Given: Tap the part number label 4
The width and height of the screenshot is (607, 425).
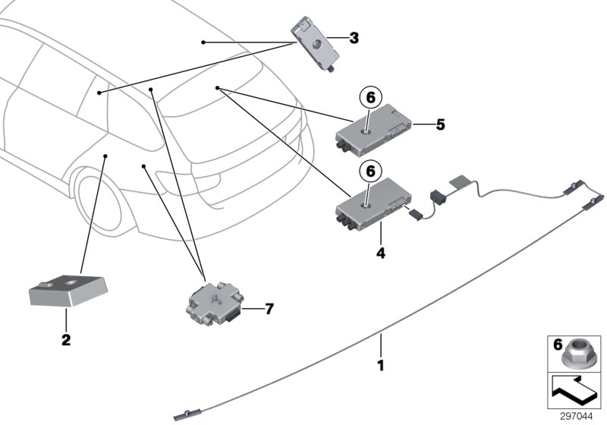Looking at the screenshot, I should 381,253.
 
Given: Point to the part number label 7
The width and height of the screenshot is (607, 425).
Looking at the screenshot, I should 268,309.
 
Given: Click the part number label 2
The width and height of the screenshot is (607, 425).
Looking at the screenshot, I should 66,340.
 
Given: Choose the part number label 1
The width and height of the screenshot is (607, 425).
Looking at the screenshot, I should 381,365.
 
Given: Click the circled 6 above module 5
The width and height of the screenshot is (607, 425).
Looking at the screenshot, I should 370,98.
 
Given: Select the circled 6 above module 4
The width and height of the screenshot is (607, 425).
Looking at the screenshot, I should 370,172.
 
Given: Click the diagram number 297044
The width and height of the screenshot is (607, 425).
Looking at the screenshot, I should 579,416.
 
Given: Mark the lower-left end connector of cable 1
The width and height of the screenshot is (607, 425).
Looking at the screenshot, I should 182,414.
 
